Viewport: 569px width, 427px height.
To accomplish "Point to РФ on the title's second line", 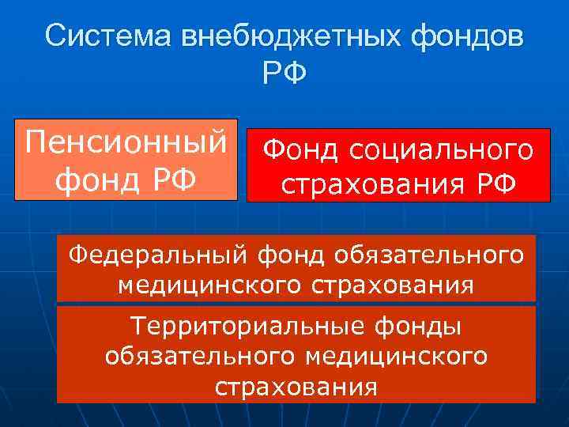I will point(284,76).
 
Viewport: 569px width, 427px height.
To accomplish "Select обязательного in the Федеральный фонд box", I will point(428,255).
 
